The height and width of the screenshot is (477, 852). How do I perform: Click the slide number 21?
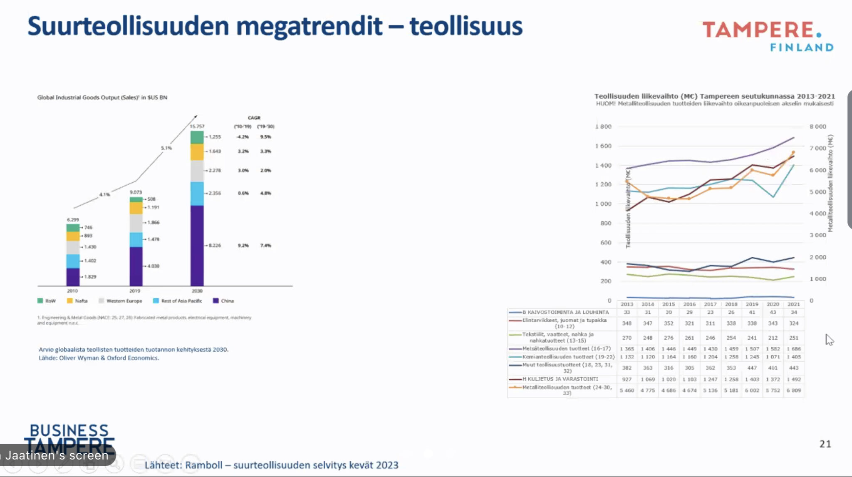tap(825, 444)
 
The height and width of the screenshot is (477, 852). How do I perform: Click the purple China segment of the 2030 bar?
tap(197, 246)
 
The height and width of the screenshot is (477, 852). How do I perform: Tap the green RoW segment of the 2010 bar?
tap(73, 228)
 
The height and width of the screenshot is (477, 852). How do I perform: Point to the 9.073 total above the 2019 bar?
tap(136, 192)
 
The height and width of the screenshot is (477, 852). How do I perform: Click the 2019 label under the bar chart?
tap(135, 291)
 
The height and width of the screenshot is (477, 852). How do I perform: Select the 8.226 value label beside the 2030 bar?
tap(215, 246)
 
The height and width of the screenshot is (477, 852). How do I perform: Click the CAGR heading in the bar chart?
tap(254, 118)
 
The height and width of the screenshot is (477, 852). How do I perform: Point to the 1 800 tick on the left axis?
tap(603, 127)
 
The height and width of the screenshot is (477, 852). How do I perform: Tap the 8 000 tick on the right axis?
tap(817, 127)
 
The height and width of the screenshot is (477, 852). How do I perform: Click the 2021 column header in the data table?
tap(793, 304)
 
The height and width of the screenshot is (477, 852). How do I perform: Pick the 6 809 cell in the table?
tap(793, 390)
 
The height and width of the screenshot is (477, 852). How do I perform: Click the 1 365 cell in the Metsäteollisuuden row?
tap(627, 349)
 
